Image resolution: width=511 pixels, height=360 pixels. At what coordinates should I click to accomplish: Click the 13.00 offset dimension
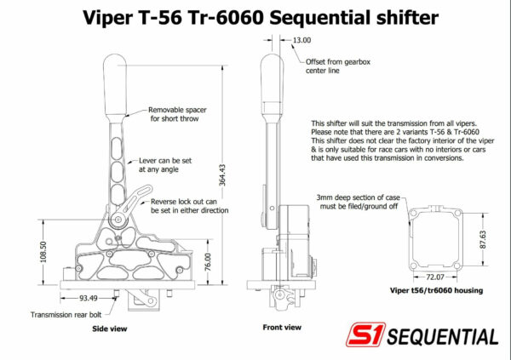(301, 39)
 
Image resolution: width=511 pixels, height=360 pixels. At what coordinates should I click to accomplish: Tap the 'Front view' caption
(282, 327)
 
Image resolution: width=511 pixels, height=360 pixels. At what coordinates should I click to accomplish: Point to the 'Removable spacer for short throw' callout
(177, 115)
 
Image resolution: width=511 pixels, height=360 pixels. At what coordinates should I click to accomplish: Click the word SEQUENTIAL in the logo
(443, 336)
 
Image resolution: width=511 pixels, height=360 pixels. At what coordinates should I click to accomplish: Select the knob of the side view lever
(116, 76)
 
